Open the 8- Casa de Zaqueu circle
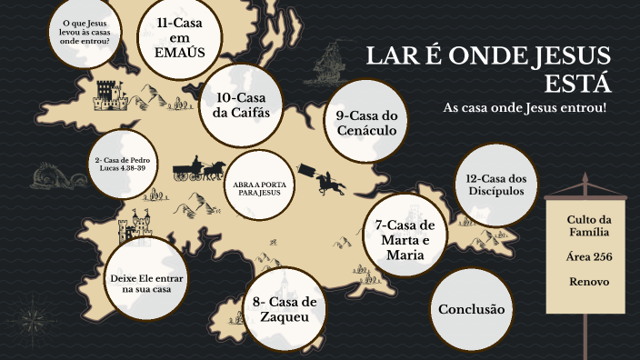[285, 309]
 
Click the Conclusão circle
[470, 309]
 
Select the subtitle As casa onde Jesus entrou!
[524, 108]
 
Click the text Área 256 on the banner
[588, 257]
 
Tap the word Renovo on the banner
[588, 281]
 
